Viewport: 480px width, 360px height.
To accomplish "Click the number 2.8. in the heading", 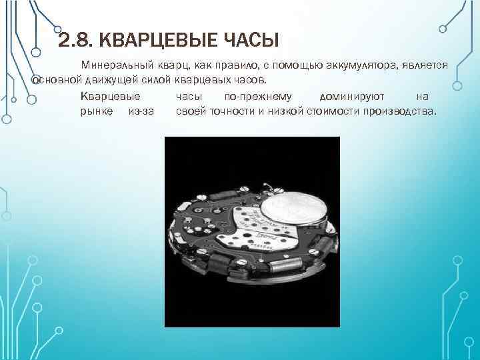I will (x=74, y=41).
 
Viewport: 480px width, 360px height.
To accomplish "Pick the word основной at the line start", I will (x=57, y=80).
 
